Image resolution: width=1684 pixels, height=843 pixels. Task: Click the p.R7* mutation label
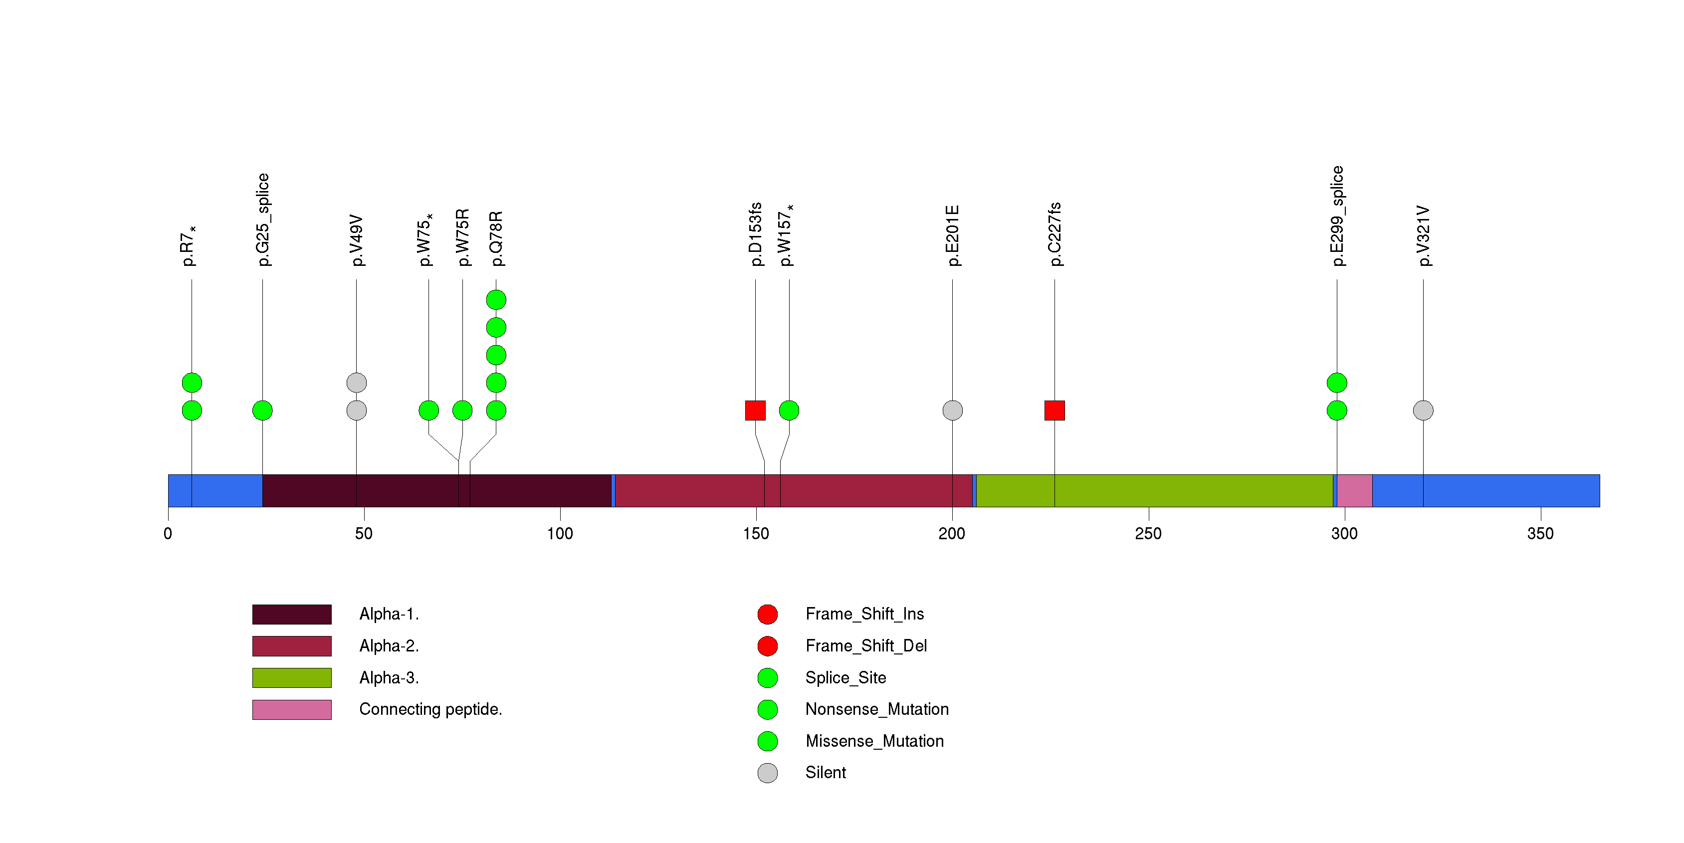(188, 246)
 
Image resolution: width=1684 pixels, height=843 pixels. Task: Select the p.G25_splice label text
(263, 219)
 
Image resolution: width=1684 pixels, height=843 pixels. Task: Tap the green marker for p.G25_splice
(262, 411)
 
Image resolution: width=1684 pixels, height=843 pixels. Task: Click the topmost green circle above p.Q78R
(496, 300)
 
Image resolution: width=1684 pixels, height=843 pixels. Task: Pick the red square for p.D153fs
(755, 411)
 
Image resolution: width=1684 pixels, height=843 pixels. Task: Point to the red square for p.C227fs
(1054, 411)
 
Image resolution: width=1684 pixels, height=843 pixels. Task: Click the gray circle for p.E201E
(952, 411)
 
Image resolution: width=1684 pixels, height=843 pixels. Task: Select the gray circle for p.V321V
(1423, 411)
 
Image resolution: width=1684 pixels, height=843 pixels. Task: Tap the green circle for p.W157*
(789, 411)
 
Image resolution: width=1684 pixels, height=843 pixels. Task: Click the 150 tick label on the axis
(756, 534)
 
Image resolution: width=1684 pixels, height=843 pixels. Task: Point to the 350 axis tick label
(1540, 534)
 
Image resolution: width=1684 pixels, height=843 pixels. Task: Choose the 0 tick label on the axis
(168, 534)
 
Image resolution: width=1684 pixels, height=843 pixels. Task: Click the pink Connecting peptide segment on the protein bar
(1354, 491)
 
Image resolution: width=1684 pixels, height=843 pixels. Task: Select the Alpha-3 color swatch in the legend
(292, 678)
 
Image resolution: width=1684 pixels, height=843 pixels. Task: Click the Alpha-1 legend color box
(292, 614)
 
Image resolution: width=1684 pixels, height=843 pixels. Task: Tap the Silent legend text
(825, 773)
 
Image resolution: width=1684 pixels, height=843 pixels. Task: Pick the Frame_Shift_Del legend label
(865, 645)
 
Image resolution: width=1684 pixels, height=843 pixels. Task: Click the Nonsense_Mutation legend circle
(768, 709)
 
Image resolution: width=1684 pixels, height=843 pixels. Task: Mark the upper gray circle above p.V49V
(356, 382)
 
